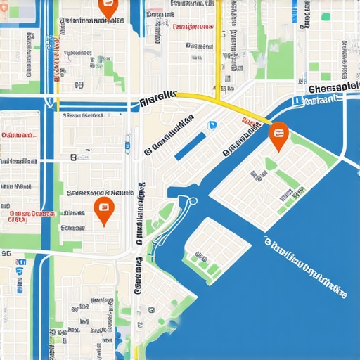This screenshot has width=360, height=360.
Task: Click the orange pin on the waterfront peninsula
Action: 278,135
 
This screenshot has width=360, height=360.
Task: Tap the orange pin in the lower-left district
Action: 103,210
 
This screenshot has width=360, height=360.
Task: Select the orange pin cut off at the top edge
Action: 107,8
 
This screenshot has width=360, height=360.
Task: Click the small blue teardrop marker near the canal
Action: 211,125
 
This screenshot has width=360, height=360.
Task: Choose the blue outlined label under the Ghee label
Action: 320,101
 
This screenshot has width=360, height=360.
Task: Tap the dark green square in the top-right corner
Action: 326,16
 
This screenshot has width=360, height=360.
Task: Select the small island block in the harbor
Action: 216,250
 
